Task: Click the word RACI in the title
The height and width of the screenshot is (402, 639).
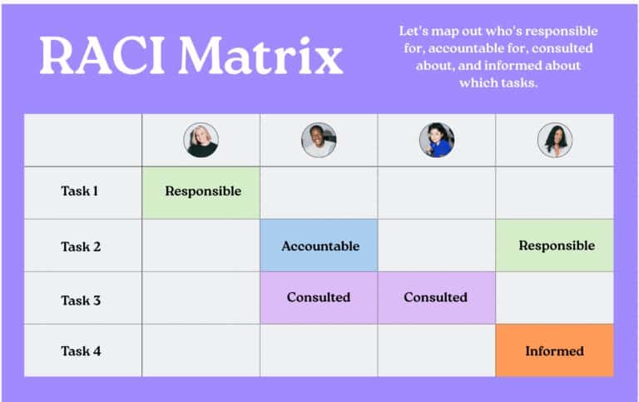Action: [x=102, y=56]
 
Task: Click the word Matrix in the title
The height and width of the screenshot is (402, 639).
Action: [x=260, y=56]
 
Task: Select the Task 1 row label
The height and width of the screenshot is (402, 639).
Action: [x=80, y=191]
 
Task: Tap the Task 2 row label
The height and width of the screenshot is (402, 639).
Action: [x=81, y=246]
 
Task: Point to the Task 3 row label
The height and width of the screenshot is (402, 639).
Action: [x=81, y=300]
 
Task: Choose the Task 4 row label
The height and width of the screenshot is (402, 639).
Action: [x=81, y=351]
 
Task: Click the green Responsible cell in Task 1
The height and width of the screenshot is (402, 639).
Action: [x=201, y=192]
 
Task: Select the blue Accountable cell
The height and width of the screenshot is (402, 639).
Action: [x=319, y=246]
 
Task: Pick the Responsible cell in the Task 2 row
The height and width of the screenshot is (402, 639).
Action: [x=555, y=246]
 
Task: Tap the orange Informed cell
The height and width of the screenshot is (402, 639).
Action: [x=555, y=350]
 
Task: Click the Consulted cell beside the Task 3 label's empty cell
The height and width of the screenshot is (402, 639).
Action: [x=319, y=298]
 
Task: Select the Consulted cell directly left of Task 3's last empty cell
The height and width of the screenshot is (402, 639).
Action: [x=437, y=298]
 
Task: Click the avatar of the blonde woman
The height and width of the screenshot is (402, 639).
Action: [x=201, y=140]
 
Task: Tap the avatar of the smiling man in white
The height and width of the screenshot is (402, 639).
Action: [x=319, y=140]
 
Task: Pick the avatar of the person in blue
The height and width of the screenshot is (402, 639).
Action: [x=437, y=140]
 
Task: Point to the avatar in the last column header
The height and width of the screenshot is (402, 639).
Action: [x=555, y=140]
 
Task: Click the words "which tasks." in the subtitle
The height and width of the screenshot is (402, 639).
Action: [x=498, y=82]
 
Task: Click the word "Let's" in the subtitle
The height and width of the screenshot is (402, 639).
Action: [x=414, y=31]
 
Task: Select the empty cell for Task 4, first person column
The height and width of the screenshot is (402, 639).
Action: [x=201, y=350]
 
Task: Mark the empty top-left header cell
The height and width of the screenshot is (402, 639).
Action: [x=82, y=140]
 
